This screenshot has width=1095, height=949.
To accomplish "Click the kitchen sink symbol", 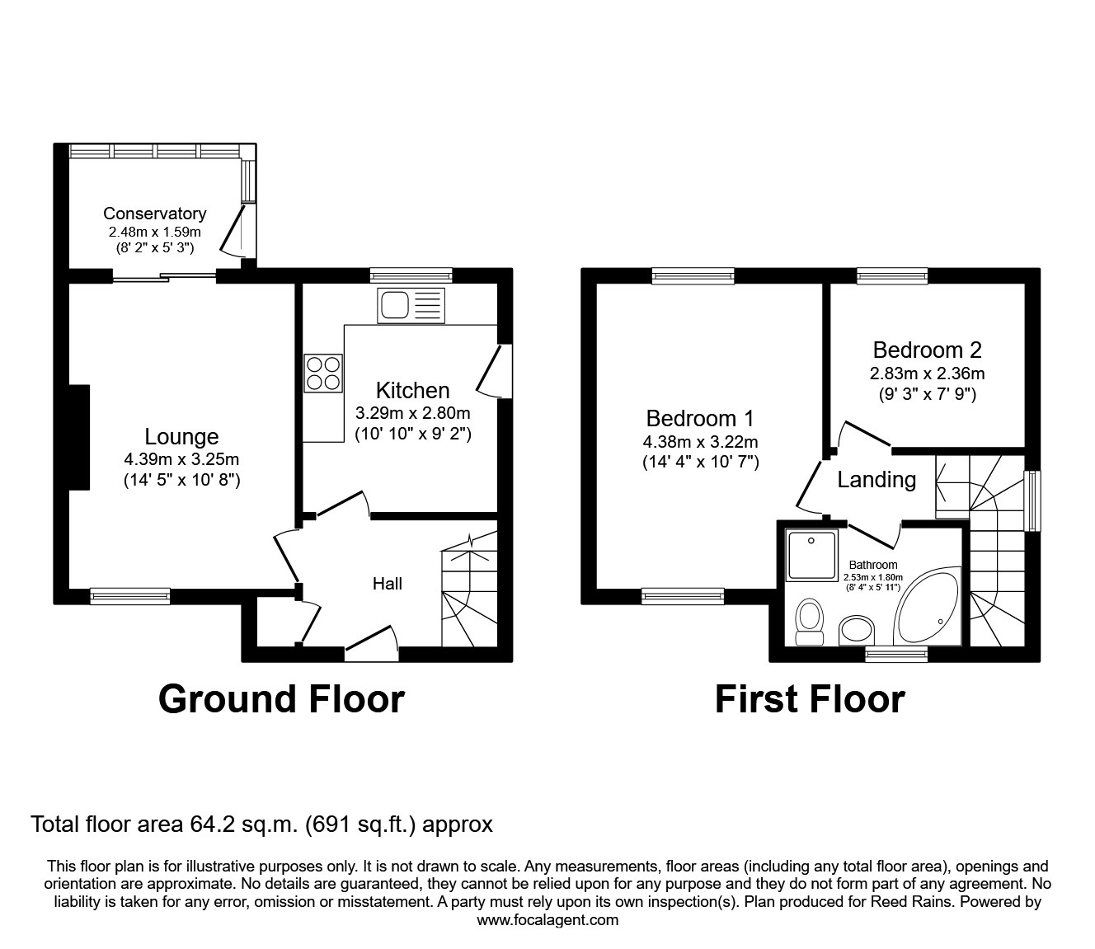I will tap(411, 306).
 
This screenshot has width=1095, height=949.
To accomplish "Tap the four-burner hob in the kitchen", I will tap(324, 372).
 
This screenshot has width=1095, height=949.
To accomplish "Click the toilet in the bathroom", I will tap(810, 621).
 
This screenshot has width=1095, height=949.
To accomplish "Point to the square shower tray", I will tap(812, 555).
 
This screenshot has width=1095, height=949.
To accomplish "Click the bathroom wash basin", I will tap(858, 632).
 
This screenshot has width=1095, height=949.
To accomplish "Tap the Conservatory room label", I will tap(154, 214).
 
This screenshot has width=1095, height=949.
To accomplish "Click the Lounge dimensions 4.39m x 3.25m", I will tap(181, 459).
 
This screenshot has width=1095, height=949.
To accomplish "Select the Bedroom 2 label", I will tap(927, 350).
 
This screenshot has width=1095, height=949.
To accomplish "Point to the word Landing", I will tap(876, 479).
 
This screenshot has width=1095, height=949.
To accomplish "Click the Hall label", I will tap(387, 584).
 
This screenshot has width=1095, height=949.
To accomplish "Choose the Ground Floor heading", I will tap(281, 698).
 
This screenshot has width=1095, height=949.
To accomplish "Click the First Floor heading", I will tap(810, 698).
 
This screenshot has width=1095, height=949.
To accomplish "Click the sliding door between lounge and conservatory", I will tap(165, 276).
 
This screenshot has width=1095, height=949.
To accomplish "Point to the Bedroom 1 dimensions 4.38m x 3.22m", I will tap(700, 441).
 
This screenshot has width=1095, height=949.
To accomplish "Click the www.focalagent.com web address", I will tap(547, 920).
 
